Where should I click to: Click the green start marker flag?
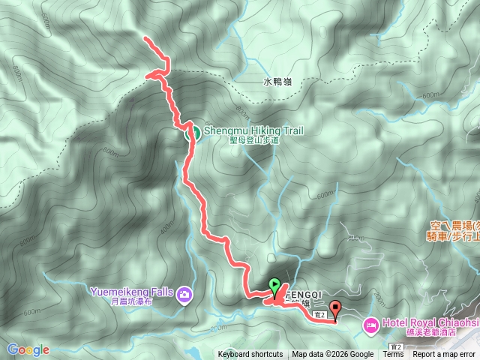274,286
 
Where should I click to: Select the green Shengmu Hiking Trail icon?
192,133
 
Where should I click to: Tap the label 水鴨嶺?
277,82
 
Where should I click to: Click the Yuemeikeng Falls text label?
131,292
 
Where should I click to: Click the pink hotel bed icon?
370,325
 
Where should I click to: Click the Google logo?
28,349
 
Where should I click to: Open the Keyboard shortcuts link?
250,355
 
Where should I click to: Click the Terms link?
393,355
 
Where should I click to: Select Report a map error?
444,355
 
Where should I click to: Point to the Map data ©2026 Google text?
333,355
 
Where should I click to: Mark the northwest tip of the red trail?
145,38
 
